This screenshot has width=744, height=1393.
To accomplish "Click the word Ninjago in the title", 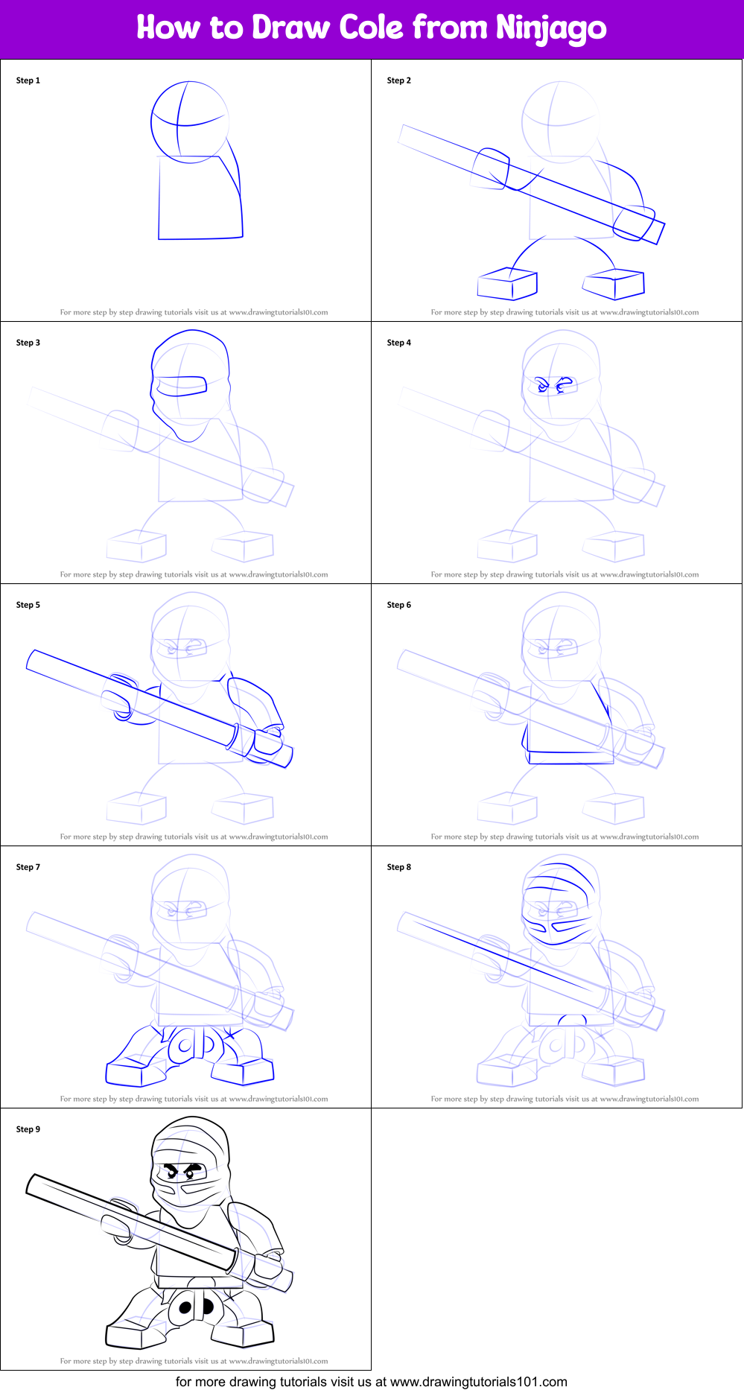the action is pyautogui.click(x=551, y=29).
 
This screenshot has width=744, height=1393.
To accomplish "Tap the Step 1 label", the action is pyautogui.click(x=28, y=80).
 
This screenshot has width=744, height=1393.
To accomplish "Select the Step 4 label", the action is pyautogui.click(x=399, y=343).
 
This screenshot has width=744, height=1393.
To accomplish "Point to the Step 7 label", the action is pyautogui.click(x=28, y=867).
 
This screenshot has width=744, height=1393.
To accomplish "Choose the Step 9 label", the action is pyautogui.click(x=28, y=1129).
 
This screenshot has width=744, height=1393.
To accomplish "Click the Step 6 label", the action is pyautogui.click(x=399, y=605).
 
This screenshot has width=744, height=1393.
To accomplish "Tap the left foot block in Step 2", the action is pyautogui.click(x=507, y=285).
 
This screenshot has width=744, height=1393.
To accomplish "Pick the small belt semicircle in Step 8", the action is pyautogui.click(x=573, y=1019).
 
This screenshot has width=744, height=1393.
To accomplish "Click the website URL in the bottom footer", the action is pyautogui.click(x=479, y=1382).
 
